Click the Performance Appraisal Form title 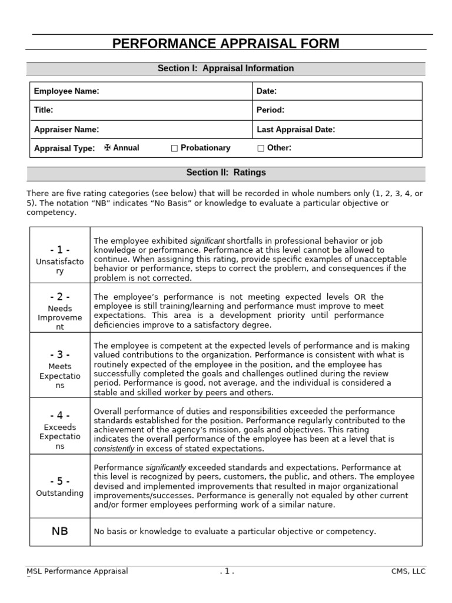(x=225, y=44)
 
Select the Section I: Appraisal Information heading (x=225, y=68)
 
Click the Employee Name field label (x=67, y=91)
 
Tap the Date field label (x=267, y=91)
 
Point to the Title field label (x=44, y=110)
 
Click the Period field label (x=270, y=110)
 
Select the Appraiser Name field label (x=67, y=130)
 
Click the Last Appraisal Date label (x=295, y=130)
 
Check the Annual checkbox (x=107, y=148)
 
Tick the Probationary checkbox (x=174, y=148)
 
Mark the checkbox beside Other (x=261, y=148)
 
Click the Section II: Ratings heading (x=225, y=173)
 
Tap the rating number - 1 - (x=59, y=250)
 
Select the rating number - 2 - (x=59, y=297)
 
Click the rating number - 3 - (x=59, y=354)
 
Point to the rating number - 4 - (x=59, y=416)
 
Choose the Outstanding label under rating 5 (x=59, y=493)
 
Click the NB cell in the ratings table (x=59, y=531)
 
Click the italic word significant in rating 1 (x=207, y=241)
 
